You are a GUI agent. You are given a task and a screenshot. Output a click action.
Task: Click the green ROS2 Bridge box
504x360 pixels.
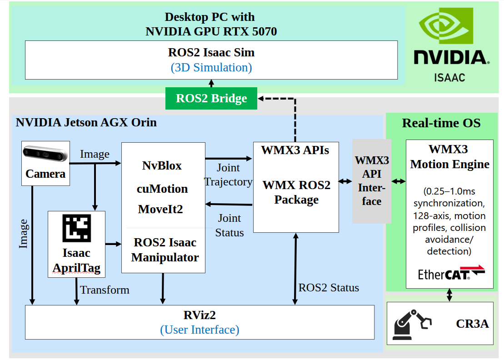click(x=211, y=98)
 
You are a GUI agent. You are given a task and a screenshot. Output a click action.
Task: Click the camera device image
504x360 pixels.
click(x=45, y=155)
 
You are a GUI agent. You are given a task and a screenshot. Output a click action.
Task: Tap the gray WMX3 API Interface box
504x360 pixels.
click(x=372, y=181)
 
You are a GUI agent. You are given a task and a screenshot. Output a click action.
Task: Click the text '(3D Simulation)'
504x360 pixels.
click(x=211, y=68)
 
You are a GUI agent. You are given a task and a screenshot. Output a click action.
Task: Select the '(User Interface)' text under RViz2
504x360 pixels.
click(x=200, y=330)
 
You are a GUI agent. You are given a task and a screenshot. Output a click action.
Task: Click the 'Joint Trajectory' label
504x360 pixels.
click(x=228, y=175)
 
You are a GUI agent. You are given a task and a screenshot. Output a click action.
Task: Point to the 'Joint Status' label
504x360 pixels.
click(x=229, y=225)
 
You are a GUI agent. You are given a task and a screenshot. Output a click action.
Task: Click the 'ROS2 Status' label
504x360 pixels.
click(x=328, y=287)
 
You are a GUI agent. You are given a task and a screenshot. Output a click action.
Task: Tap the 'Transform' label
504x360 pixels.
click(x=105, y=290)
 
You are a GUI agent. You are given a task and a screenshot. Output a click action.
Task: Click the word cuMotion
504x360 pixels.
click(x=163, y=188)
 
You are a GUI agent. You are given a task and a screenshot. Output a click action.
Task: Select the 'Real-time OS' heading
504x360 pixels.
click(x=441, y=123)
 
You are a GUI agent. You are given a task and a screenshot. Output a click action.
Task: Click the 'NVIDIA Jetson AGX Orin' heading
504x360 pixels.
click(x=86, y=122)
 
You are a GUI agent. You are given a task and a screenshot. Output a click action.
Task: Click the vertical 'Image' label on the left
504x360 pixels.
click(x=23, y=234)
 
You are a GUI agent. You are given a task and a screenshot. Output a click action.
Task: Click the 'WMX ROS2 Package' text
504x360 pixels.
click(x=296, y=192)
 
